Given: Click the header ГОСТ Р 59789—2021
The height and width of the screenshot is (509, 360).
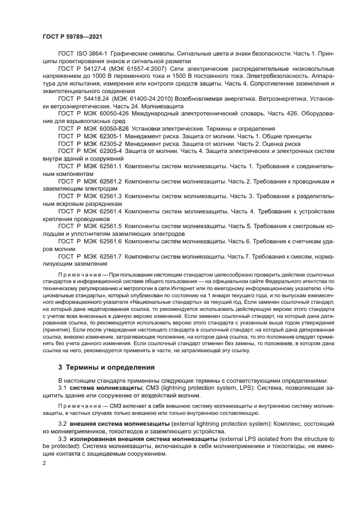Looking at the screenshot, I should tap(73, 35).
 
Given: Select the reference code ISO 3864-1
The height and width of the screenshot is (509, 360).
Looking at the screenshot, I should tap(91, 54).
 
